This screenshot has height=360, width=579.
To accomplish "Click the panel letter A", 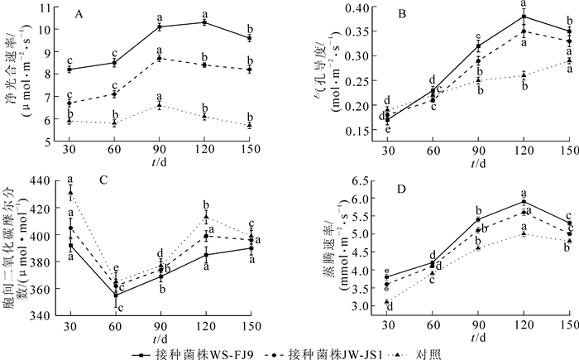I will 78,14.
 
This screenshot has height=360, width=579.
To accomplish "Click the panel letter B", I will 379,14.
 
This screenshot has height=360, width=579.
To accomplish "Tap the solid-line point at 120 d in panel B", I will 523,17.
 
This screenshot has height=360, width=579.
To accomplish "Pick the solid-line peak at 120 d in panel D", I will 523,201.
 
